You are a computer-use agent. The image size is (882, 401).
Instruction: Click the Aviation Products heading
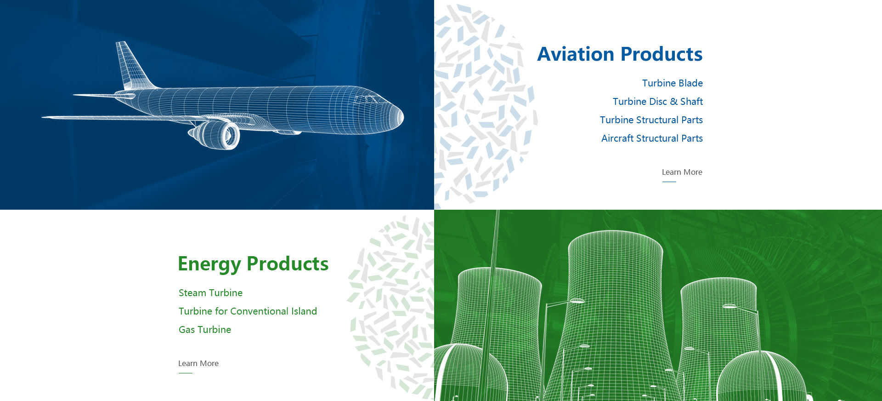[x=620, y=54]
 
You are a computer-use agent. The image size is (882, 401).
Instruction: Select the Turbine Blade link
[x=673, y=83]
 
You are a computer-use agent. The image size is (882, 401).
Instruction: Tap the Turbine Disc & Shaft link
[x=658, y=102]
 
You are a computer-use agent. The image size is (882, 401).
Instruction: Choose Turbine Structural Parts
[x=651, y=120]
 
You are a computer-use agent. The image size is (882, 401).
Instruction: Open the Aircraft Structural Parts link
[x=652, y=138]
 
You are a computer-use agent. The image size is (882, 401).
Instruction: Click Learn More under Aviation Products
[x=682, y=172]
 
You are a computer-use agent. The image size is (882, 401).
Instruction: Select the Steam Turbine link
[x=210, y=293]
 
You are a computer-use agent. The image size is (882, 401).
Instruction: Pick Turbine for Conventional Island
[x=248, y=311]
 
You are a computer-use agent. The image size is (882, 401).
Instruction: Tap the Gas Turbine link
[x=205, y=330]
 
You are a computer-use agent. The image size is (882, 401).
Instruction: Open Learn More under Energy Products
[x=198, y=363]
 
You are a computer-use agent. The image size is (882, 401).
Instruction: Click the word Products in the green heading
[x=288, y=264]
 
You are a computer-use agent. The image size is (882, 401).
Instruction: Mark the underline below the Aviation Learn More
[x=669, y=182]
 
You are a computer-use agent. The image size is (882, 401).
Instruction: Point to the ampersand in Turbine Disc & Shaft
[x=673, y=102]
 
